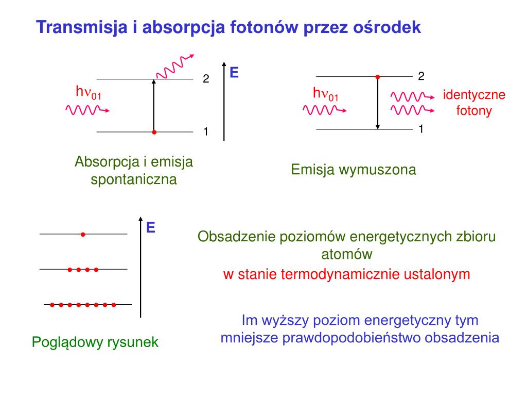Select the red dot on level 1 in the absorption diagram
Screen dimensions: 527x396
tap(154, 133)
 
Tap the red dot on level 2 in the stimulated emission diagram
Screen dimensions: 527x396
tap(378, 77)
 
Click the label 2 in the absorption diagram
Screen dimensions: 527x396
tap(206, 79)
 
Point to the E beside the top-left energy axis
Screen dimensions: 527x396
tap(234, 73)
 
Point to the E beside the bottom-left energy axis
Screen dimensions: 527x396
tap(151, 227)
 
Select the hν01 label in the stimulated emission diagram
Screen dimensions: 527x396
tap(326, 94)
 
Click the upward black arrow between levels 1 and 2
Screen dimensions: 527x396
tap(153, 106)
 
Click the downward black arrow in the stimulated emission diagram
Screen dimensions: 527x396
tap(378, 103)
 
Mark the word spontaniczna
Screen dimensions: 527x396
tap(134, 180)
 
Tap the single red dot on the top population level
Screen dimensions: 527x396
tap(82, 234)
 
